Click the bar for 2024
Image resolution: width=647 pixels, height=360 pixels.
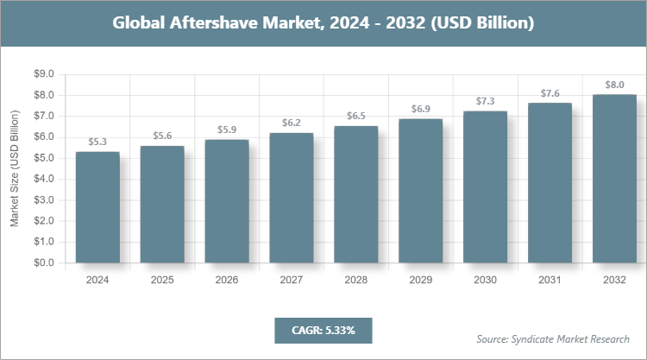click(x=97, y=207)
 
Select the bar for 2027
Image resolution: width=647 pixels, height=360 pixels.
click(x=292, y=198)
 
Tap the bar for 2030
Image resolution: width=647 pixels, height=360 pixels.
click(x=486, y=186)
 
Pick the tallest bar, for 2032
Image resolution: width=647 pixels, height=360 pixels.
click(x=615, y=179)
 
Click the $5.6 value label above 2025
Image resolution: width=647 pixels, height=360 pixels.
click(x=162, y=136)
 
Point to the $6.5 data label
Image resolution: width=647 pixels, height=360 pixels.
click(x=356, y=116)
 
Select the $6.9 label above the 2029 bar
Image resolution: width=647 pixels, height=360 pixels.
click(x=421, y=108)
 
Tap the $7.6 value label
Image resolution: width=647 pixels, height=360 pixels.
click(x=550, y=93)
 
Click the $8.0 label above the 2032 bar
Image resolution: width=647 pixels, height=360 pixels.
click(x=615, y=85)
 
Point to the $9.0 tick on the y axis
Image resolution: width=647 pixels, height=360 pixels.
click(x=42, y=74)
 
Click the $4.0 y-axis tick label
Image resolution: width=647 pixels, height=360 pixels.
click(x=42, y=179)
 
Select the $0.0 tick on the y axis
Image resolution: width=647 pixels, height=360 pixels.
click(x=42, y=262)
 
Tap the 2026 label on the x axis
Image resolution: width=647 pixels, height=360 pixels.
click(x=227, y=281)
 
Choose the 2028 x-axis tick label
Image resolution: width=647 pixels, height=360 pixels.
click(x=356, y=281)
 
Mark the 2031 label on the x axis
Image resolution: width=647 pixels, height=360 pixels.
click(x=550, y=281)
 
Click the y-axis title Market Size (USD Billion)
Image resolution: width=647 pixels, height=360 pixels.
click(x=15, y=168)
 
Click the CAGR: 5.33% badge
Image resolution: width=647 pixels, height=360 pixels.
click(x=323, y=330)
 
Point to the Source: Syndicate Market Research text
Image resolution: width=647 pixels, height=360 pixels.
click(x=553, y=338)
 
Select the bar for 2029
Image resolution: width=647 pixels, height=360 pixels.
click(x=421, y=191)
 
